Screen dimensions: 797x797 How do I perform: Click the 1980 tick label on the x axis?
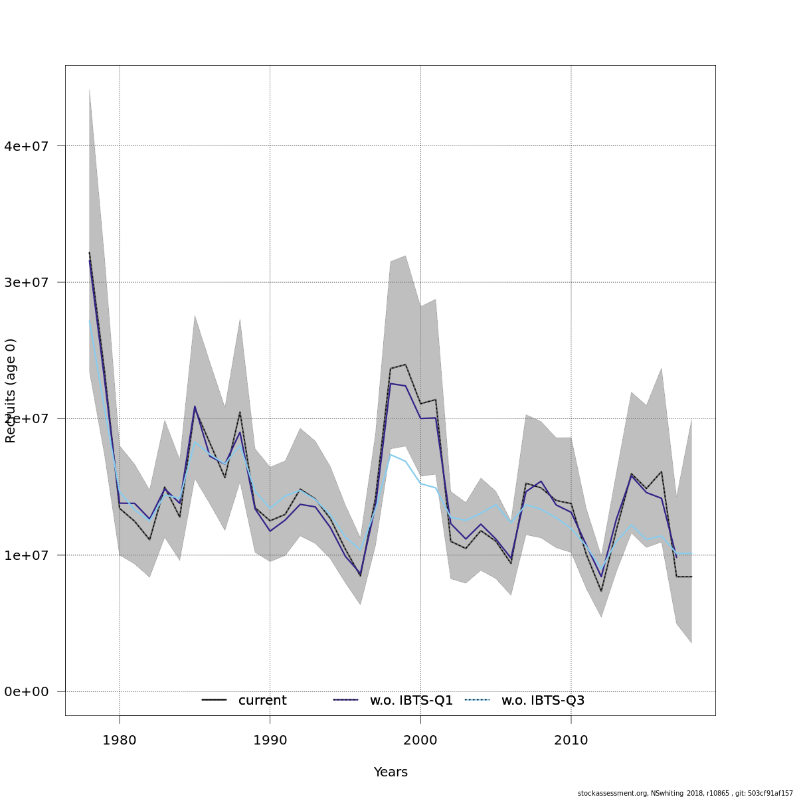pos(120,741)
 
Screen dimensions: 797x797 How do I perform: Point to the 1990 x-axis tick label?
pos(270,741)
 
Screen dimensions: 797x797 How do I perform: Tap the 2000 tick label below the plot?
pos(420,741)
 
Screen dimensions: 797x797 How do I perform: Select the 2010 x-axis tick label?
pos(571,741)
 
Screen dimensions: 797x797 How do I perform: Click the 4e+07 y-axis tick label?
pos(27,146)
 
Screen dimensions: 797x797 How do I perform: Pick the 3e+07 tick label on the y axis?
pos(27,282)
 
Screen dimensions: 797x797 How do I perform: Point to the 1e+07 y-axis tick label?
pos(27,555)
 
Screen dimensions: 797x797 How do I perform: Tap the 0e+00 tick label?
pos(27,692)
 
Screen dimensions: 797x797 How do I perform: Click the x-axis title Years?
pos(391,772)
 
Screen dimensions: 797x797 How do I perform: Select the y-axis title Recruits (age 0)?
pos(11,391)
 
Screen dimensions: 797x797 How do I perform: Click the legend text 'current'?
pos(262,701)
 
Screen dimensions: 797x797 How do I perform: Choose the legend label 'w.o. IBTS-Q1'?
pos(411,701)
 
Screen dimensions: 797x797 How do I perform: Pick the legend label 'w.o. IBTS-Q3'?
pos(543,701)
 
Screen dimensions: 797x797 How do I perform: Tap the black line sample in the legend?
pos(214,700)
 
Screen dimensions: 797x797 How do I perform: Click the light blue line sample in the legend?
pos(477,700)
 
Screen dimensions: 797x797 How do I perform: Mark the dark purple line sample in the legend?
pos(345,700)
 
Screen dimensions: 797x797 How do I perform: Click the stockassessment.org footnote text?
pos(685,793)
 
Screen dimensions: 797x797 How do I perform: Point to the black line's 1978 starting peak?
pos(89,252)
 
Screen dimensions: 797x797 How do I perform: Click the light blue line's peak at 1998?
pos(391,454)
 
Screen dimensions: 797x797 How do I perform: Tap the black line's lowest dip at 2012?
pos(601,591)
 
